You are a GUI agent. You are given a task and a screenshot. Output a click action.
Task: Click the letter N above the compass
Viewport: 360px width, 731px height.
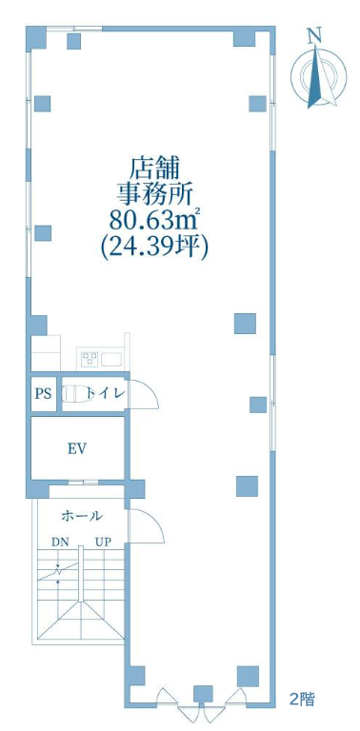315,35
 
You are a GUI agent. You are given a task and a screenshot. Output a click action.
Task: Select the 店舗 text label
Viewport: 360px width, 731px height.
154,168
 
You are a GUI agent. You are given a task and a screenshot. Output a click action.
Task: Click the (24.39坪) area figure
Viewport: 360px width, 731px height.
154,245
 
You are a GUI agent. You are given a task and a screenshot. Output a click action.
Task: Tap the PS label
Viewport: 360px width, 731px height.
44,394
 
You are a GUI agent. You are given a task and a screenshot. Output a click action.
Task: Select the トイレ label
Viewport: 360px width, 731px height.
107,394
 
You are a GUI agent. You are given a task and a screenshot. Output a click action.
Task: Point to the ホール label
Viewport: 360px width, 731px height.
82,516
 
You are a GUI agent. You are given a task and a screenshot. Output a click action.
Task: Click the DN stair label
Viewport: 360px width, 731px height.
59,543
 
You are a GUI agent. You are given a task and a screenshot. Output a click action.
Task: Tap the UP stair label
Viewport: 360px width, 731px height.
103,543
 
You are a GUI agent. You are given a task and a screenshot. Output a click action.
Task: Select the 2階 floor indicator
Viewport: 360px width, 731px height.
302,700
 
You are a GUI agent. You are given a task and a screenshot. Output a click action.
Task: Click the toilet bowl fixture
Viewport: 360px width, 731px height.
78,394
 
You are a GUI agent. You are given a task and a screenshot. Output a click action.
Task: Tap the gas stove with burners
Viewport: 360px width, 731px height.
89,359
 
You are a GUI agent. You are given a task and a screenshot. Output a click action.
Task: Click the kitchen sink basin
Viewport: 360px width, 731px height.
110,359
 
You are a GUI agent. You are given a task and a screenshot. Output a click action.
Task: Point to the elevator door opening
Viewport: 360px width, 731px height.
83,482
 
